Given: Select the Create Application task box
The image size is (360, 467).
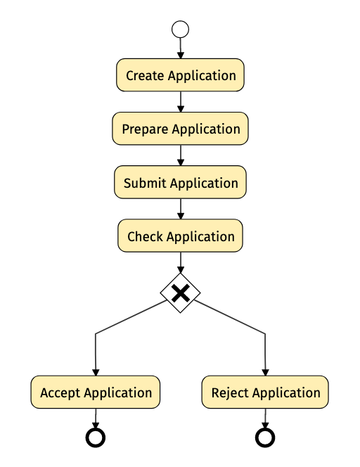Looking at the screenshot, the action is (180, 75).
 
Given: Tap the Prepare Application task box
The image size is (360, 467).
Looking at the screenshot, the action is (180, 129).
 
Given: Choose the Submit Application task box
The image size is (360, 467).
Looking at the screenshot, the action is (180, 182).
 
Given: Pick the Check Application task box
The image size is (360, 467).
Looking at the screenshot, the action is (180, 236).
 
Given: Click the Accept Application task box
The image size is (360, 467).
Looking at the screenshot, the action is (96, 392).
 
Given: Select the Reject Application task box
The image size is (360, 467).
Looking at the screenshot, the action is (265, 392).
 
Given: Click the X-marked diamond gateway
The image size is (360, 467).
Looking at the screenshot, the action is (180, 293).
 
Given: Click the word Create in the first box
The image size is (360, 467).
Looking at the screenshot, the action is (145, 76).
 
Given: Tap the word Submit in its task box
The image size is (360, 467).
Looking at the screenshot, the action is (145, 183).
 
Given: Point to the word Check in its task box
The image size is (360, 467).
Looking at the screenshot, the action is (145, 236).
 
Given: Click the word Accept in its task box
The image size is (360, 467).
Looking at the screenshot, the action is (60, 393).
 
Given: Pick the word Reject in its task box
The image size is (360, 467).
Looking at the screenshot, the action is (230, 393).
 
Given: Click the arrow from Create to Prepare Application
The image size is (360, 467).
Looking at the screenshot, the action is (181, 102).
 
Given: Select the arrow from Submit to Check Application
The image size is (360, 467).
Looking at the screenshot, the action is (181, 209).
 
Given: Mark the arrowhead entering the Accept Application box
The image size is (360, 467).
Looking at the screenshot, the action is (96, 372).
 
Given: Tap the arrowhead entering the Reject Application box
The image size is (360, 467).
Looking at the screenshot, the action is (265, 372).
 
